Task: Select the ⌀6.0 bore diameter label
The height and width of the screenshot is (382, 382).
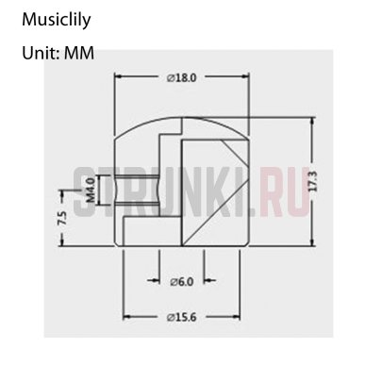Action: pos(181,281)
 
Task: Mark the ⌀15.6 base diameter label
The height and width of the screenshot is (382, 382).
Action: pos(183,316)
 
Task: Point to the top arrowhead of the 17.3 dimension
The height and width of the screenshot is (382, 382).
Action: pos(306,116)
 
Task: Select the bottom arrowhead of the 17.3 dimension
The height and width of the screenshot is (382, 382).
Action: pos(306,244)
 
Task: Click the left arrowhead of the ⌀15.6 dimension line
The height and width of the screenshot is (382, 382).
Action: pos(126,316)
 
